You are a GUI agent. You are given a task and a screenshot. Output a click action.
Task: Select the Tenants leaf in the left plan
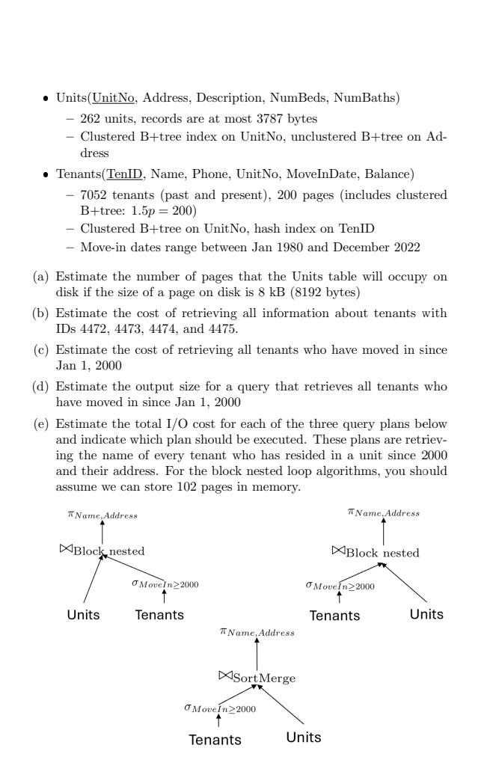point(159,616)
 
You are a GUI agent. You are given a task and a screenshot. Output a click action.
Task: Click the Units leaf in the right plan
point(426,614)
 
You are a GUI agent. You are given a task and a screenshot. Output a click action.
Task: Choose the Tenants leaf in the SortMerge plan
point(215,740)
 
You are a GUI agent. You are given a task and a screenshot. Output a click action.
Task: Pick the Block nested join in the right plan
point(375,553)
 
